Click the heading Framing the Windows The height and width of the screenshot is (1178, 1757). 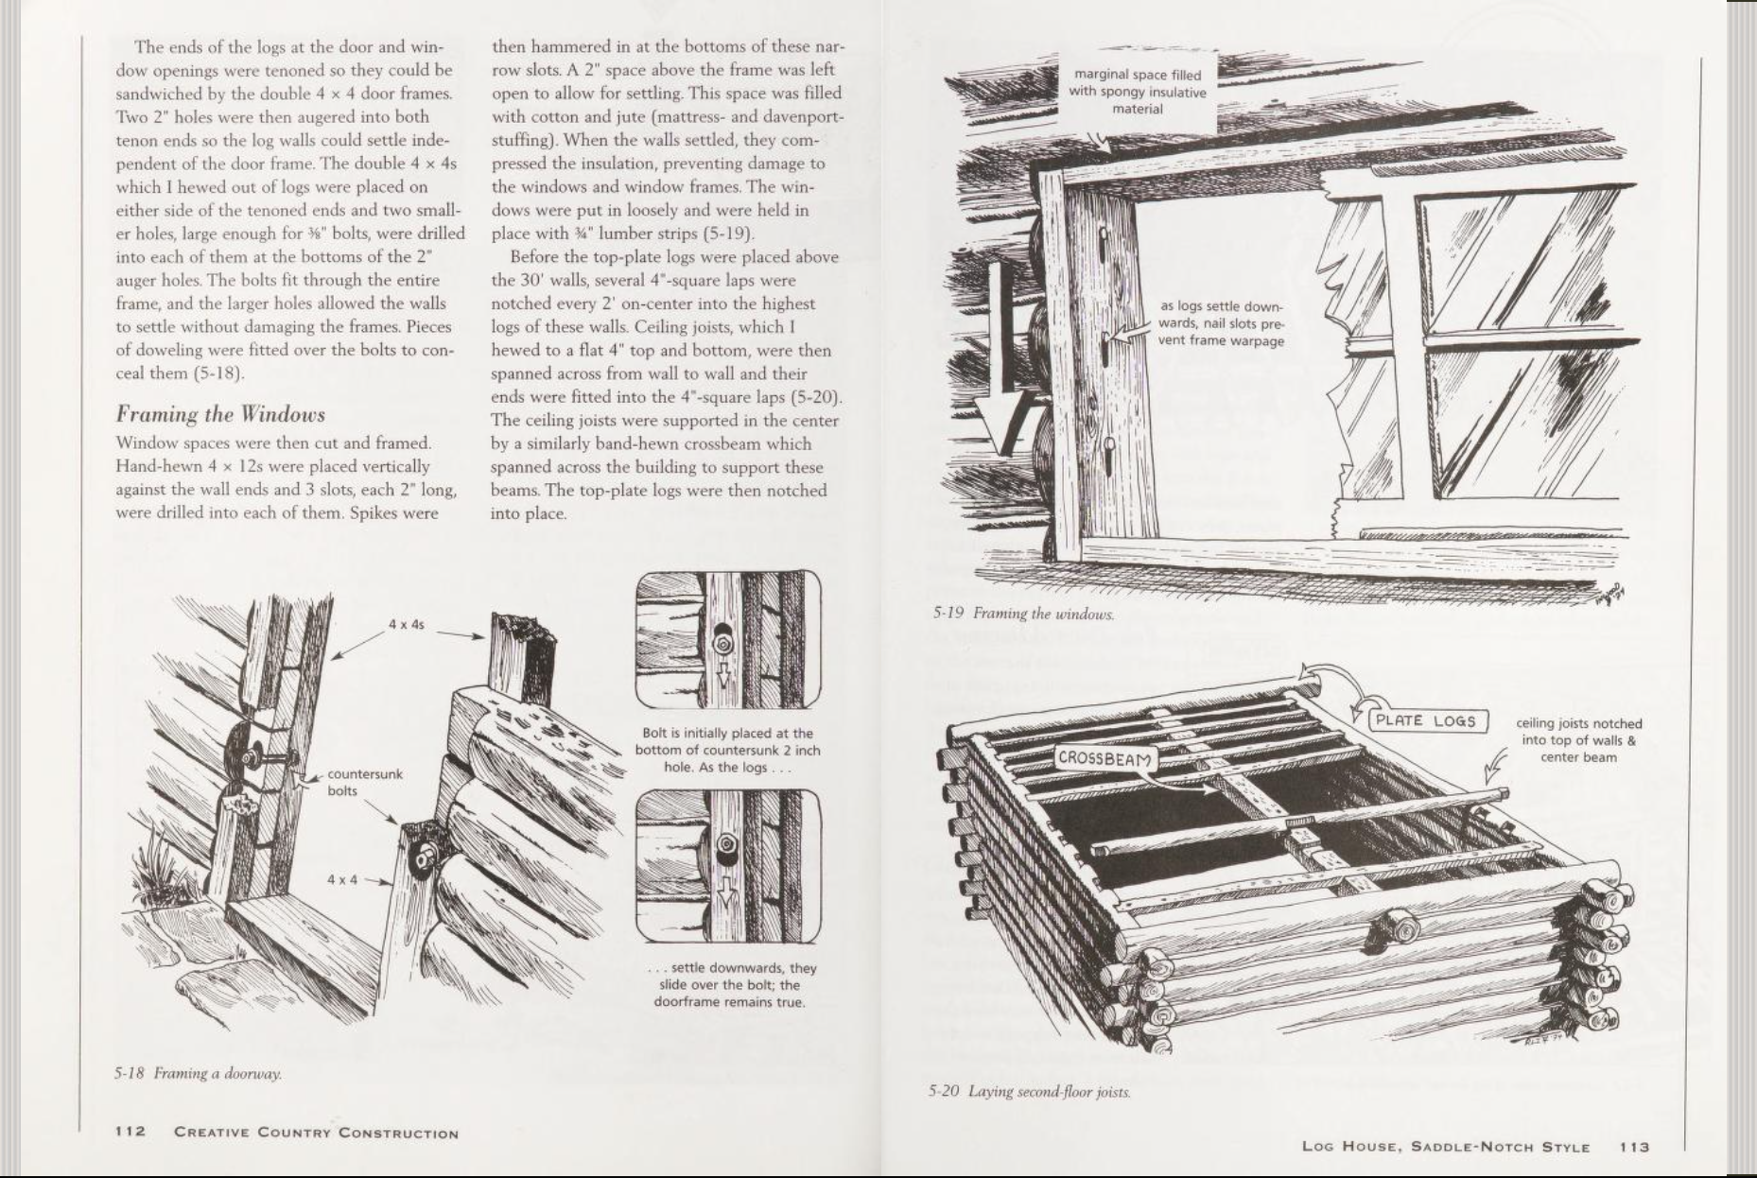click(x=220, y=414)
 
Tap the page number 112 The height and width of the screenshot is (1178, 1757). click(x=130, y=1132)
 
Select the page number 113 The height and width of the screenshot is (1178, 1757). click(x=1634, y=1147)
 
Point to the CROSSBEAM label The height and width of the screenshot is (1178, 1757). click(x=1105, y=758)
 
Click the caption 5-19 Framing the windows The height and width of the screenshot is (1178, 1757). click(x=1023, y=614)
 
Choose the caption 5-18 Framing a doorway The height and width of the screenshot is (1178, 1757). click(x=198, y=1073)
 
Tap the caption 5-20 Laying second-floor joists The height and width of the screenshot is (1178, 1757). click(x=1029, y=1092)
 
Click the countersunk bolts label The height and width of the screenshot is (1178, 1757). click(x=364, y=782)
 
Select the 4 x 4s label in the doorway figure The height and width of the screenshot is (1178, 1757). click(x=407, y=625)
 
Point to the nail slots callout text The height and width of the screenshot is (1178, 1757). click(x=1221, y=323)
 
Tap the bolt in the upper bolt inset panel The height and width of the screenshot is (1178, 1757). click(x=722, y=643)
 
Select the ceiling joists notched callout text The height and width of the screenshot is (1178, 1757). click(x=1578, y=739)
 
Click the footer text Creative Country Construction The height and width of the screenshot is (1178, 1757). click(x=316, y=1133)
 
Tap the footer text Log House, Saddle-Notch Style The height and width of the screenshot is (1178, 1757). click(x=1445, y=1147)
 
